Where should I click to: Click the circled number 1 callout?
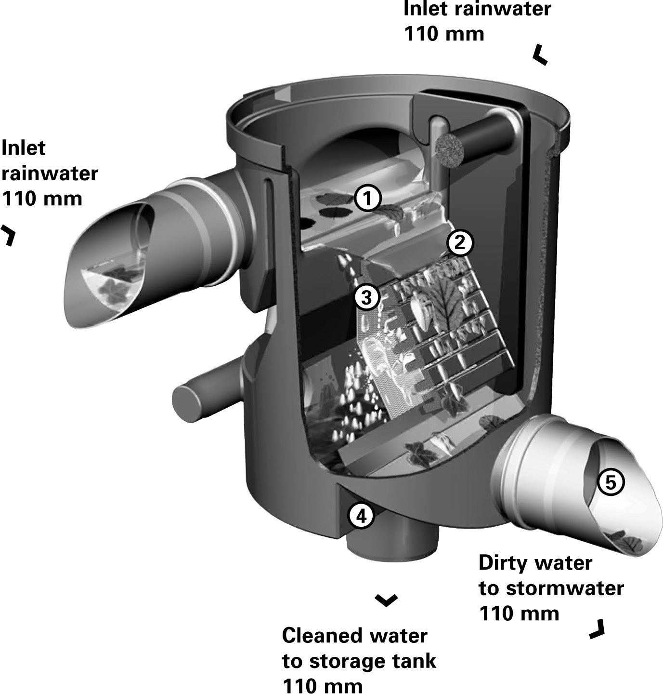click(x=368, y=199)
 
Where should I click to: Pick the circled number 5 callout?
click(x=610, y=482)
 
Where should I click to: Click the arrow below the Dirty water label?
click(x=597, y=629)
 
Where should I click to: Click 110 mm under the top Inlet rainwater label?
click(x=444, y=34)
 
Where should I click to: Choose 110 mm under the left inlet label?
click(x=42, y=198)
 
